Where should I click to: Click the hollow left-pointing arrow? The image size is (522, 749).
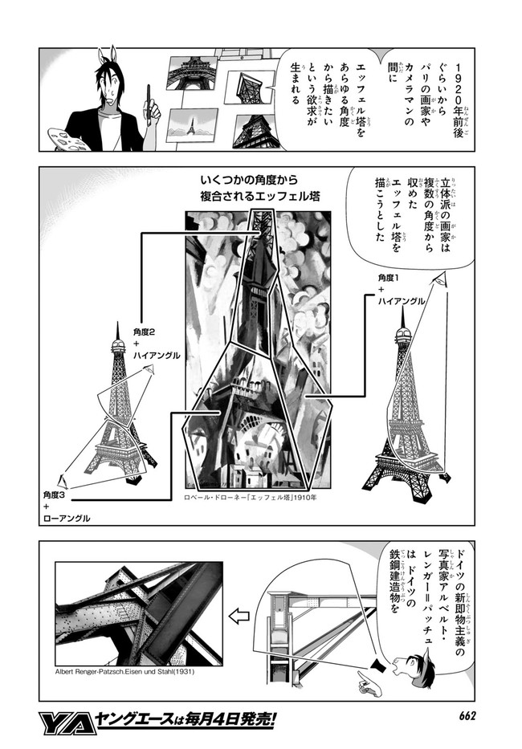point(239,617)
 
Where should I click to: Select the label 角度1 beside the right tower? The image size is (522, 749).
point(387,278)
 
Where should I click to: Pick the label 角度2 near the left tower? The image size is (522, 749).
point(144,332)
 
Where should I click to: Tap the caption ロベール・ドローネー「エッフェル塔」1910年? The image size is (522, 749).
point(251,497)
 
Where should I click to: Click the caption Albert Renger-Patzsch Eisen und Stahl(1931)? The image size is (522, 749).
point(125,670)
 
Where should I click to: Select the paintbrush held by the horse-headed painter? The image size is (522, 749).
point(149,105)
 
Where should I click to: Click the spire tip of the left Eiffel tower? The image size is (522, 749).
point(117,323)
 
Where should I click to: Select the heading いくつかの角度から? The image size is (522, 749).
point(250,181)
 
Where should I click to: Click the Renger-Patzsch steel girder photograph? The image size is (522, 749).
point(139,613)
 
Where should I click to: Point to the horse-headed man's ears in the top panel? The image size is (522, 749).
point(108,55)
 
